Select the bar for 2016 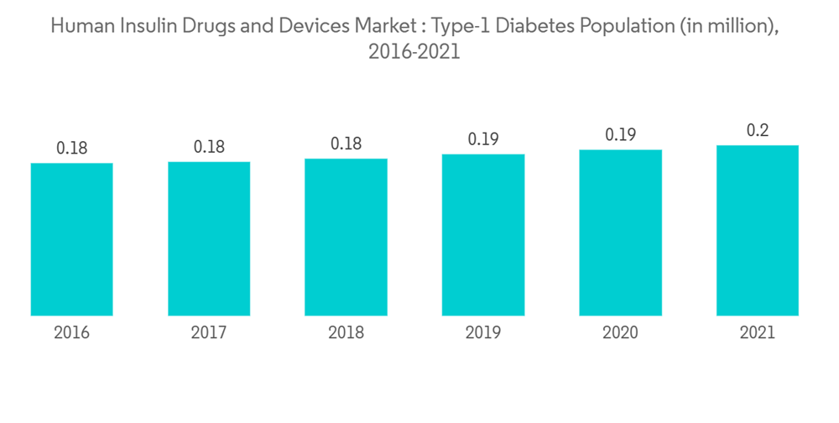[x=72, y=239]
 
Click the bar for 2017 [x=209, y=238]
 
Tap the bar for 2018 [x=346, y=237]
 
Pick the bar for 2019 [x=483, y=235]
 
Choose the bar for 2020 [x=620, y=232]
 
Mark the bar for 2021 [x=758, y=231]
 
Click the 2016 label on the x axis [x=72, y=332]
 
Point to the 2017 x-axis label [x=209, y=332]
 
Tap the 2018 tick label [x=346, y=332]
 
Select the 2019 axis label [x=483, y=332]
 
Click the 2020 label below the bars [x=620, y=332]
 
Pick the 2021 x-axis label [x=758, y=332]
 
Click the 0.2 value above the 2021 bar [x=758, y=131]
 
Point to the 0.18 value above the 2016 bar [x=72, y=149]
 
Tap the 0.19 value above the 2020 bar [x=620, y=135]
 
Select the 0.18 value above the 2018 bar [x=346, y=144]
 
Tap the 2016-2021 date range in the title [x=414, y=52]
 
